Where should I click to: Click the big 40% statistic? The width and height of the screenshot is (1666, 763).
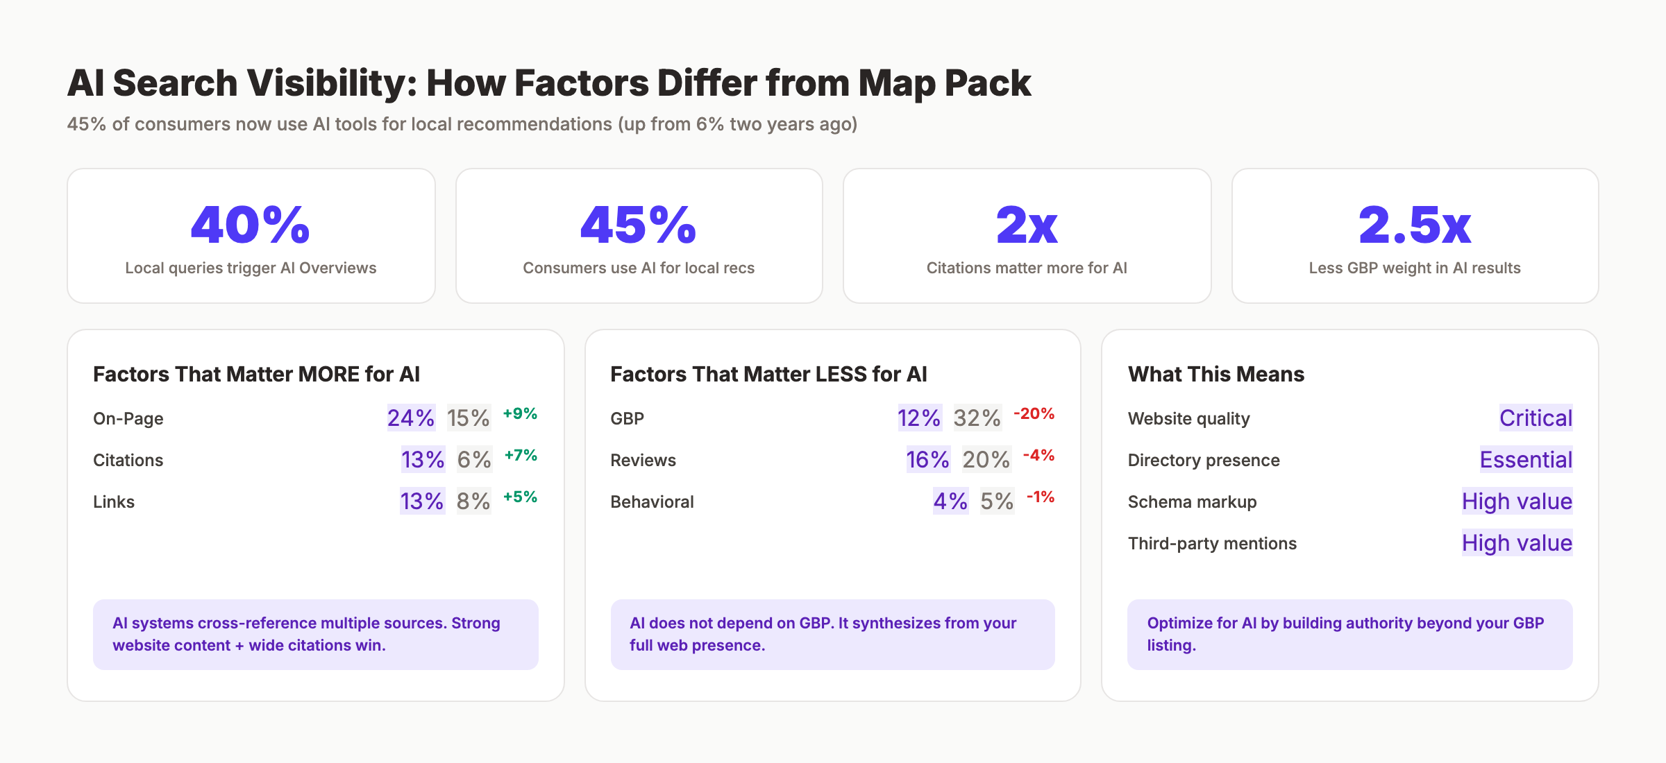(x=251, y=225)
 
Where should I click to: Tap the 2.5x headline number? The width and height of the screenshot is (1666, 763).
(x=1415, y=225)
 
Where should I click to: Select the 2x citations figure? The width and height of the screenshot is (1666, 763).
(x=1027, y=225)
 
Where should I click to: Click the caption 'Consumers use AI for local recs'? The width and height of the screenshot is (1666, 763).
(x=639, y=268)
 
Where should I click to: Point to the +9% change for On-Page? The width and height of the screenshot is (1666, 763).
(x=520, y=414)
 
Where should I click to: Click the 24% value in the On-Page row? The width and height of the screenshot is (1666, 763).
(x=411, y=418)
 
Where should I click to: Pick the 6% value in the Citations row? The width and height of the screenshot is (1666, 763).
(x=474, y=460)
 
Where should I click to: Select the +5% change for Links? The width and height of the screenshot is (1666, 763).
(x=520, y=497)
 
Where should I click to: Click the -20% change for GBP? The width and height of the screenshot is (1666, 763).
(x=1034, y=414)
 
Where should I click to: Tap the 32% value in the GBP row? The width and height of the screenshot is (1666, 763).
(x=977, y=418)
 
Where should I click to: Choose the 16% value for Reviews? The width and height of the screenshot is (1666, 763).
(x=927, y=460)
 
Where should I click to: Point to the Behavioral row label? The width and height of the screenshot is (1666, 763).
(x=652, y=502)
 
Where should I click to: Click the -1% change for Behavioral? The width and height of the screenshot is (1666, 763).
(x=1040, y=497)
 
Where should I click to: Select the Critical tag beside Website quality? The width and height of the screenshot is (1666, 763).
(x=1535, y=418)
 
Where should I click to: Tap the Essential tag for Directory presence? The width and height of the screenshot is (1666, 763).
(x=1526, y=460)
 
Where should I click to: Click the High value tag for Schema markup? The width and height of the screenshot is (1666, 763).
(x=1517, y=501)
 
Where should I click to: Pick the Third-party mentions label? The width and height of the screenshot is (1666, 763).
(x=1212, y=544)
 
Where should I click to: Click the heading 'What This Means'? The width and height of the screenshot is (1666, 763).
(x=1216, y=375)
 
